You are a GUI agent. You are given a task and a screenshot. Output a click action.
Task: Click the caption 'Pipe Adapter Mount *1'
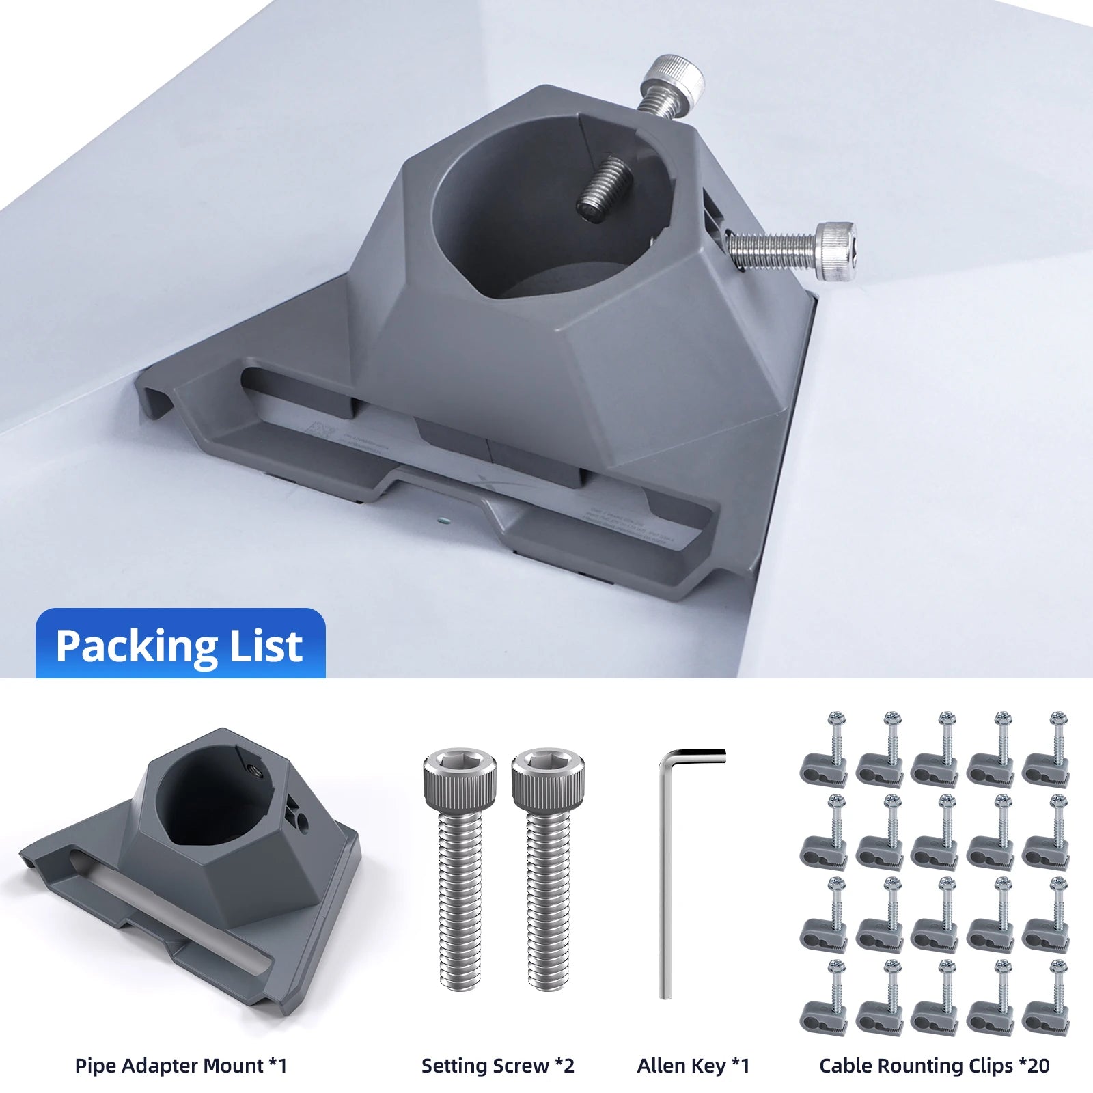pos(181,1065)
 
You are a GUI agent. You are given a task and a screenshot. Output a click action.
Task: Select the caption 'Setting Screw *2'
pos(498,1065)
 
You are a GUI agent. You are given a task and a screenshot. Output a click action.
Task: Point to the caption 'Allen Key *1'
pos(693,1065)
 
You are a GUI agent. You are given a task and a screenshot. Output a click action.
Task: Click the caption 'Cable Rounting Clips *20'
pos(935,1065)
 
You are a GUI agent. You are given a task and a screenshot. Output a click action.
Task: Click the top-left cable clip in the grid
pos(824,751)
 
